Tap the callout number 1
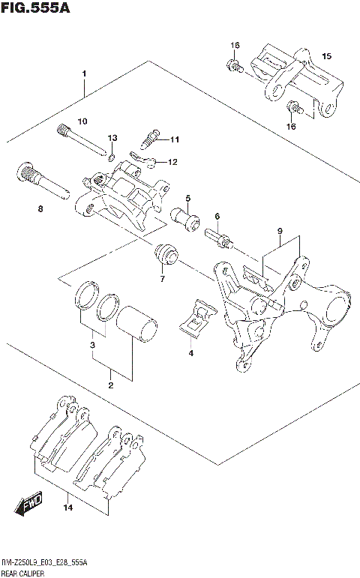85,73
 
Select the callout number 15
326,56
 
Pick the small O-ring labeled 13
111,157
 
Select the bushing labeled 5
183,217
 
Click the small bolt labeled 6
218,238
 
